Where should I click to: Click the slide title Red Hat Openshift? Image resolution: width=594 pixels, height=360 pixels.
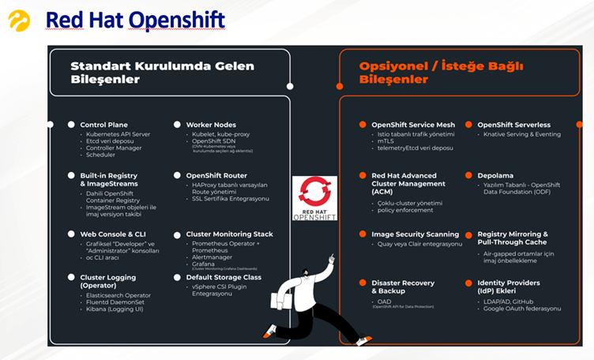tap(135, 20)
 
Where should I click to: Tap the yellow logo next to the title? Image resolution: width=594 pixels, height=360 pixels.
tap(19, 21)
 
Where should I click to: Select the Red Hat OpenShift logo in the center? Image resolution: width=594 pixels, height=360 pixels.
tap(314, 198)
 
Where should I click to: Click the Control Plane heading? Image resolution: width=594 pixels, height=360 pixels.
tap(103, 125)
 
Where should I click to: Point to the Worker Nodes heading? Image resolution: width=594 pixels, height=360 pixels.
tap(211, 125)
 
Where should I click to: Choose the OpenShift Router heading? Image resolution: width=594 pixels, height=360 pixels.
tap(216, 175)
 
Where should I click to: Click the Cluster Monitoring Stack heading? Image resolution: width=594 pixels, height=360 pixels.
tap(229, 234)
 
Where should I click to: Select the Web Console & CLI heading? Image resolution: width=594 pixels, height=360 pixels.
tap(113, 234)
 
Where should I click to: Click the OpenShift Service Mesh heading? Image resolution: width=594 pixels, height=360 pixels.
tap(413, 125)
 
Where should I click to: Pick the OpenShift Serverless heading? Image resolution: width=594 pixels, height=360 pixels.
tap(513, 125)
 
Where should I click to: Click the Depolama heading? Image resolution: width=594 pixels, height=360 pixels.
tap(495, 175)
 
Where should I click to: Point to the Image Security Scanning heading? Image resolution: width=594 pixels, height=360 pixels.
tap(415, 234)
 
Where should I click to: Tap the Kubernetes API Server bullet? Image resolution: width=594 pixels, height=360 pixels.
tap(118, 134)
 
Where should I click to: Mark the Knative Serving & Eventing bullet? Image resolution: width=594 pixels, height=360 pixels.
tap(522, 134)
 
